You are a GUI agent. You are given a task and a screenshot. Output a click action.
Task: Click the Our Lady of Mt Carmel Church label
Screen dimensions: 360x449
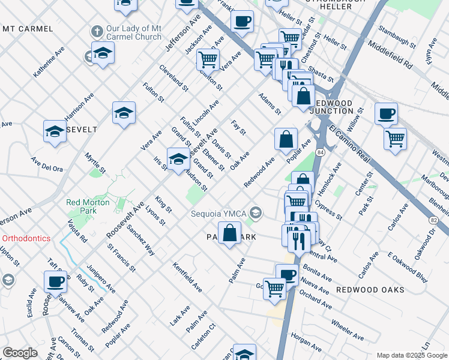click(133, 32)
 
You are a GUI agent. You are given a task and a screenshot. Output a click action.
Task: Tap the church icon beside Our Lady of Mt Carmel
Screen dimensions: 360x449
click(96, 31)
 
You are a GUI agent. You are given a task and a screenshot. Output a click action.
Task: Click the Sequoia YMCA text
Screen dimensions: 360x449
click(219, 214)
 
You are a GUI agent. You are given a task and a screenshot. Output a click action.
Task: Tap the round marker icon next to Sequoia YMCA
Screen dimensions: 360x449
click(256, 213)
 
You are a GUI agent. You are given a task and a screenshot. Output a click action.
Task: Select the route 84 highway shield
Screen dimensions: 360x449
click(321, 154)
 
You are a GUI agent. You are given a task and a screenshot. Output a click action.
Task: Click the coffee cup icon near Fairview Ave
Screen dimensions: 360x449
click(56, 281)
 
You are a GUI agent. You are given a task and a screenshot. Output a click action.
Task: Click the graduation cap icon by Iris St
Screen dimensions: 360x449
click(178, 159)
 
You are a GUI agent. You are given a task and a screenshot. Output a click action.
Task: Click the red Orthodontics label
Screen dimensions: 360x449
click(26, 238)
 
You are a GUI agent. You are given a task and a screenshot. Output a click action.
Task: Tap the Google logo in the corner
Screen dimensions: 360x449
click(20, 353)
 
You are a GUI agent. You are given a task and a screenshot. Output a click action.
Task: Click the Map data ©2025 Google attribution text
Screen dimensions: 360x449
click(411, 355)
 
